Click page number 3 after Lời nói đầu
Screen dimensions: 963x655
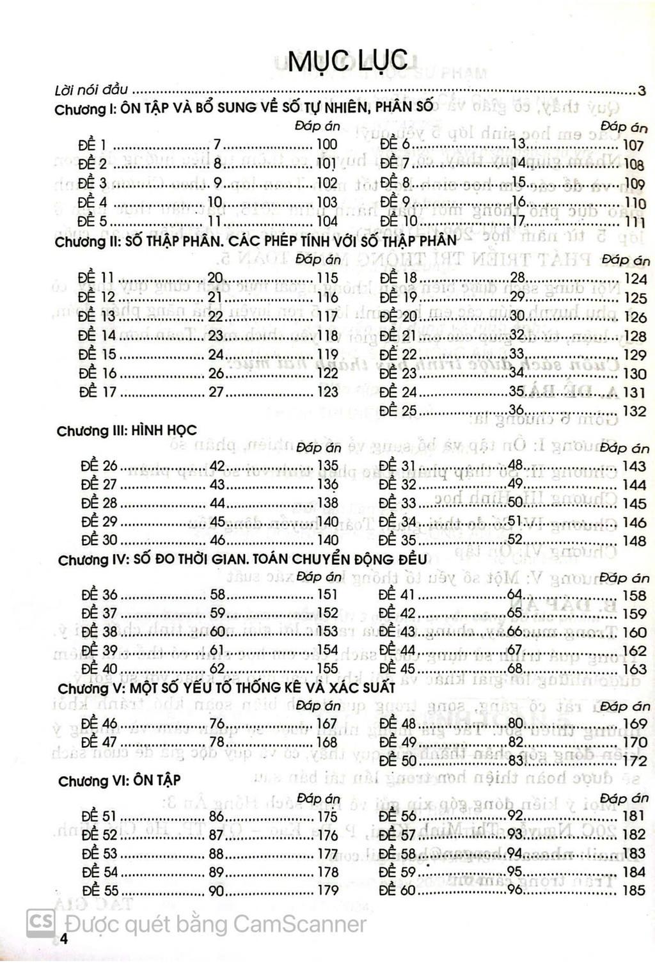coord(642,90)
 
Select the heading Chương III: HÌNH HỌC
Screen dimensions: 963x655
coord(127,430)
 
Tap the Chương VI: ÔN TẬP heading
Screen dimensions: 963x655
coord(119,781)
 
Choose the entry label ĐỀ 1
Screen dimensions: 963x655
coord(92,145)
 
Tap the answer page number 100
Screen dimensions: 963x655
coord(327,145)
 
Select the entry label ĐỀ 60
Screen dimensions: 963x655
coord(397,889)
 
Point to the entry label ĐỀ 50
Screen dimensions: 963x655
coord(398,761)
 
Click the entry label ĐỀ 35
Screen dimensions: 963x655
coord(397,540)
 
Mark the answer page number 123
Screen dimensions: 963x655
coord(327,392)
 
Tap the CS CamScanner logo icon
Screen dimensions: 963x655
coord(40,923)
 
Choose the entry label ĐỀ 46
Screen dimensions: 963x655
coord(99,724)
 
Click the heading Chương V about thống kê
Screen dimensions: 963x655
coord(226,688)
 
